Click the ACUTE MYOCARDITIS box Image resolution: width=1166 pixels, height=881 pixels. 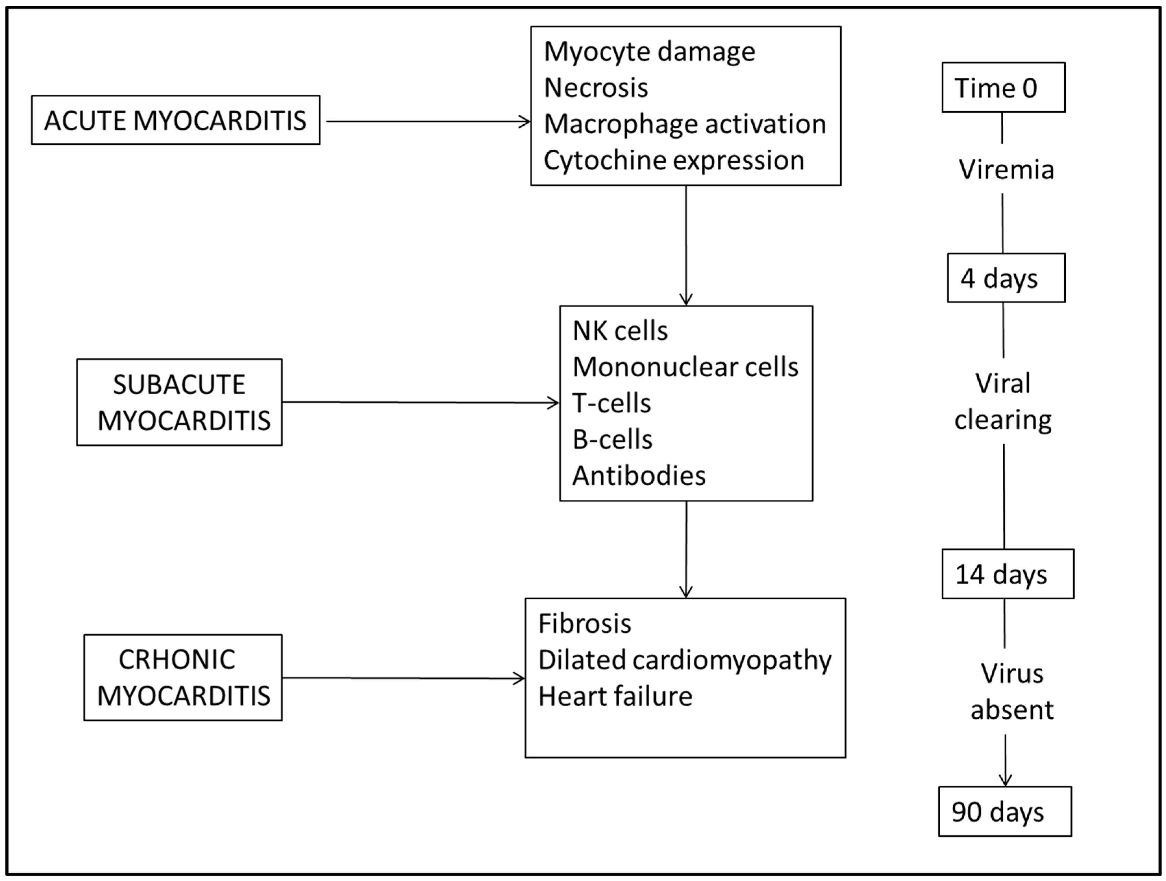(x=176, y=120)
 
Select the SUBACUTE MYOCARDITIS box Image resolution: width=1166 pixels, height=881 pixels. (x=179, y=403)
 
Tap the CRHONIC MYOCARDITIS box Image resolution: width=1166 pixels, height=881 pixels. (x=183, y=678)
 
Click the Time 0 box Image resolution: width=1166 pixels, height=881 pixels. (x=1003, y=87)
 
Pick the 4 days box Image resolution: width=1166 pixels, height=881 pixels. (x=1006, y=278)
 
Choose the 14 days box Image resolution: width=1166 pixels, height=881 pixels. (x=1007, y=574)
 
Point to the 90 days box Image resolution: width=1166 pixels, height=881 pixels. (x=1005, y=812)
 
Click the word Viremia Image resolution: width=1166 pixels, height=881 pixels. (x=1006, y=170)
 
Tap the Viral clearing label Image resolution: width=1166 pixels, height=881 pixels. (x=1003, y=402)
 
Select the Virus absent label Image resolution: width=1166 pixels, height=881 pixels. (x=1012, y=691)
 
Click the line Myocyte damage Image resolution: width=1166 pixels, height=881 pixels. (x=649, y=52)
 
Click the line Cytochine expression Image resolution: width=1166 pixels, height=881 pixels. (x=674, y=160)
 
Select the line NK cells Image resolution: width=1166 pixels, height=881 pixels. (x=620, y=331)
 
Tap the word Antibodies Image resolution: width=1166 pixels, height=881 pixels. (x=639, y=476)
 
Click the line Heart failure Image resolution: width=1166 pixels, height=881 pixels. (x=615, y=696)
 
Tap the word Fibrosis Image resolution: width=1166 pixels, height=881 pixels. (x=585, y=624)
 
